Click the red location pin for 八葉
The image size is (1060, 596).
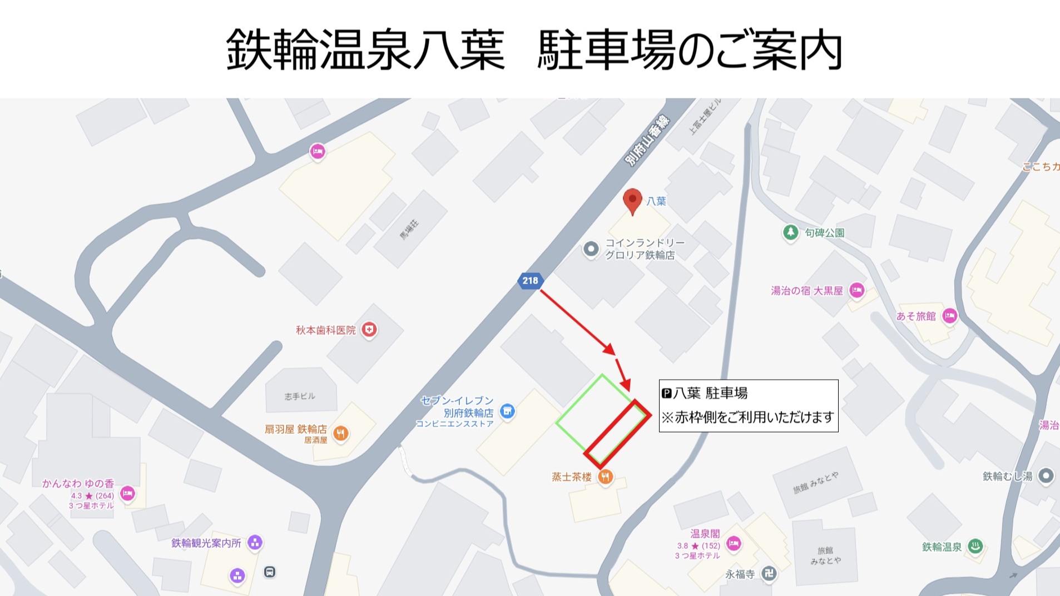point(632,200)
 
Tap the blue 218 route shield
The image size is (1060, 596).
point(530,281)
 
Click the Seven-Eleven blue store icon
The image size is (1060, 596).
point(507,411)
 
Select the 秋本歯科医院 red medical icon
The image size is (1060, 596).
point(369,330)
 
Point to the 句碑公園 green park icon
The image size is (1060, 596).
point(790,232)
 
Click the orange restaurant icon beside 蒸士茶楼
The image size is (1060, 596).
point(605,476)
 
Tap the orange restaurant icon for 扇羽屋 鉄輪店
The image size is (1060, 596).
point(340,433)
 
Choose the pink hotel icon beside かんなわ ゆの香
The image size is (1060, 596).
point(127,493)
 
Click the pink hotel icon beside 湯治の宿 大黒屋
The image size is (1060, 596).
point(856,290)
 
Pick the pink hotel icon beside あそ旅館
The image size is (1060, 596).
point(949,316)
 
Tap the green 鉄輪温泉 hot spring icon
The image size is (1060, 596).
point(974,547)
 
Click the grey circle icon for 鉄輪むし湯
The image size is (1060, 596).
point(1046,476)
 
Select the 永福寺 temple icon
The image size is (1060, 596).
point(769,574)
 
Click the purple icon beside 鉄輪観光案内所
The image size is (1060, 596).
point(255,542)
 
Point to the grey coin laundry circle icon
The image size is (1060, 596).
point(591,249)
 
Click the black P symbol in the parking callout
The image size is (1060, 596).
point(667,394)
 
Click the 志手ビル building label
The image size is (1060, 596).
point(300,396)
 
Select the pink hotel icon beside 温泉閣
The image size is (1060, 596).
point(734,544)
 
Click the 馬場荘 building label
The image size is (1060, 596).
point(409,229)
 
